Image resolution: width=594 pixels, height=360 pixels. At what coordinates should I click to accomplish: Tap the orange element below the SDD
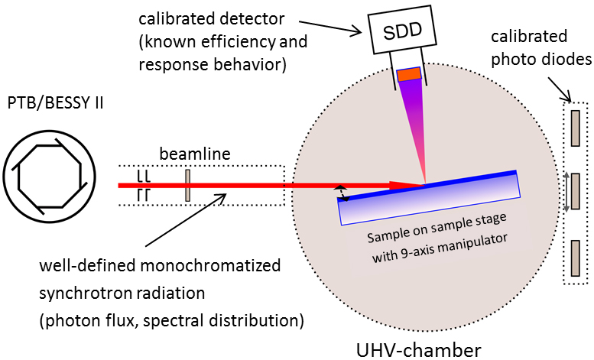pyautogui.click(x=409, y=74)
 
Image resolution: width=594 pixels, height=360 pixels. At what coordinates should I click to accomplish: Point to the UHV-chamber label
pyautogui.click(x=418, y=350)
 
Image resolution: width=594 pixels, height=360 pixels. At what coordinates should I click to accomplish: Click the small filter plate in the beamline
pyautogui.click(x=187, y=186)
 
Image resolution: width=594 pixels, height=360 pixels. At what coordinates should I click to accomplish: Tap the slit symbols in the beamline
pyautogui.click(x=142, y=186)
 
